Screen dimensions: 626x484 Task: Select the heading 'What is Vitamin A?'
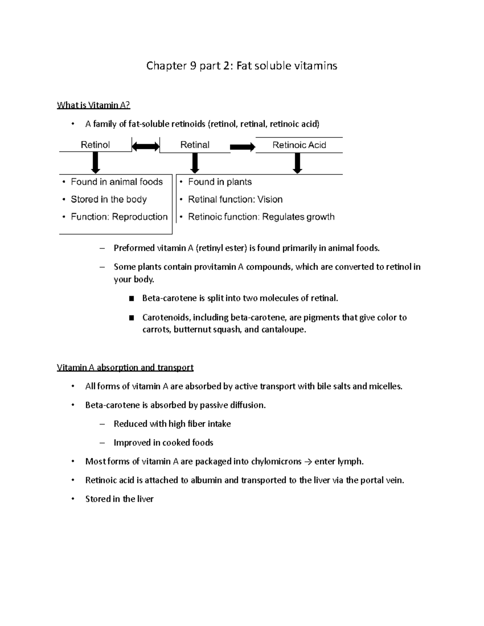point(94,105)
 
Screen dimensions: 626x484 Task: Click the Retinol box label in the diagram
point(95,145)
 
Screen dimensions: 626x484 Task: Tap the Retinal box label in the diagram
point(195,145)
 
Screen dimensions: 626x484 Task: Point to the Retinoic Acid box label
point(299,145)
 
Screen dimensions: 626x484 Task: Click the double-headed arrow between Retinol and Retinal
point(146,146)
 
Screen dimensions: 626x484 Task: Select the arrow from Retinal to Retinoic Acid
point(243,147)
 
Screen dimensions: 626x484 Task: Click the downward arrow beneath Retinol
point(96,163)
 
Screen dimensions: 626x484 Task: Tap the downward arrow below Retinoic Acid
point(298,163)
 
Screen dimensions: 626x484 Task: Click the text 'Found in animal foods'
point(117,182)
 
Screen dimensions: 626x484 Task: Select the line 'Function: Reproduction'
point(119,217)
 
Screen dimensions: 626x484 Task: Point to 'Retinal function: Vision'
point(235,199)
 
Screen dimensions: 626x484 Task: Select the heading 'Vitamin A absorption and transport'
point(125,367)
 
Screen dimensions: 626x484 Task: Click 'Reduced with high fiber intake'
point(172,424)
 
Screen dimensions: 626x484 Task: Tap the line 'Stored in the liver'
point(119,499)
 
